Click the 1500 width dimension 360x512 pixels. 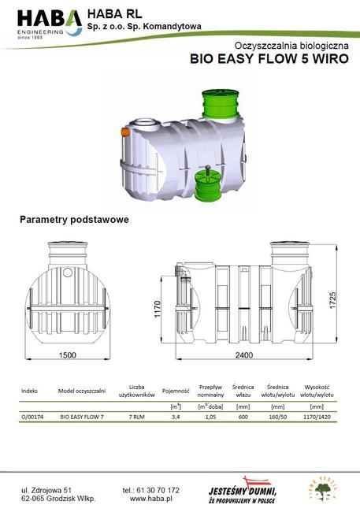point(69,356)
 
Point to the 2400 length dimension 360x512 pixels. point(243,356)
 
